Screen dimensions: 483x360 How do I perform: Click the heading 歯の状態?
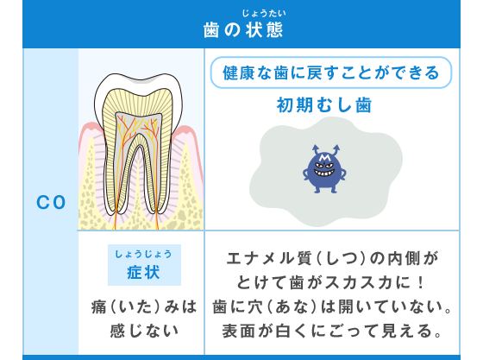[x=243, y=30]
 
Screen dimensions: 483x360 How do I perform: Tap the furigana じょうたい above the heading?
[x=264, y=13]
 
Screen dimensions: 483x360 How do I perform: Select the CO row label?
[x=51, y=203]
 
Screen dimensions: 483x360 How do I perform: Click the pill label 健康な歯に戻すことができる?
[x=331, y=73]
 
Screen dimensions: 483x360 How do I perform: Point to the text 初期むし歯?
[x=324, y=105]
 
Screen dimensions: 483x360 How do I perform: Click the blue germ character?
[x=324, y=169]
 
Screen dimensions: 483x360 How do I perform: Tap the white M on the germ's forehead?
[x=324, y=158]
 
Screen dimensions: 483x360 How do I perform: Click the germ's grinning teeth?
[x=324, y=173]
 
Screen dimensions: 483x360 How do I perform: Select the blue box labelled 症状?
[x=144, y=265]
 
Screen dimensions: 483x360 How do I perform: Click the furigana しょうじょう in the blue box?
[x=143, y=254]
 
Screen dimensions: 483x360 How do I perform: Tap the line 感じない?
[x=144, y=331]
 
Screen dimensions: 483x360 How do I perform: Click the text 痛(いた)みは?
[x=144, y=307]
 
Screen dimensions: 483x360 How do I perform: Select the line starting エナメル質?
[x=332, y=258]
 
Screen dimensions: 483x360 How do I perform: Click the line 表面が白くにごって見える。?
[x=332, y=331]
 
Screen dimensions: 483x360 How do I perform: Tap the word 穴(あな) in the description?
[x=278, y=306]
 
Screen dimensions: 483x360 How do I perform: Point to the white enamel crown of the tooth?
[x=139, y=82]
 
